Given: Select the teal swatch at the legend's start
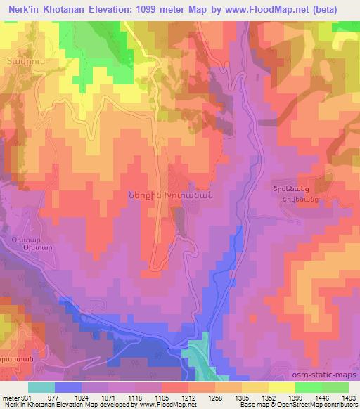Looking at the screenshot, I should (x=41, y=387).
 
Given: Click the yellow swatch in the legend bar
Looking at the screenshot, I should (x=282, y=387).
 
